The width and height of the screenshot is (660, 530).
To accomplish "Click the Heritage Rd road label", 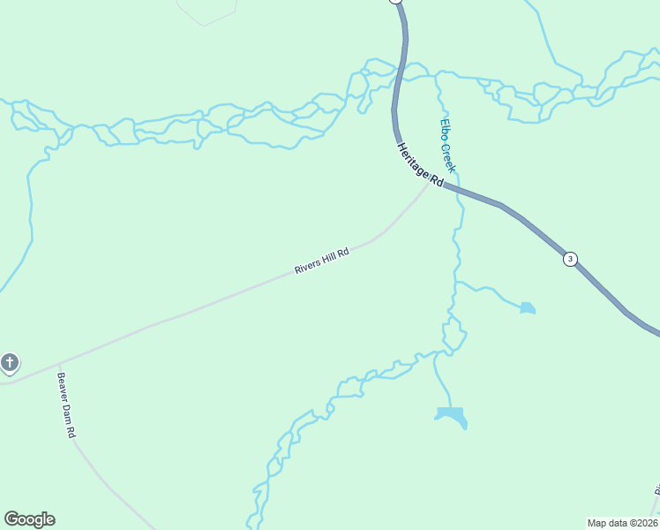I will (x=419, y=165).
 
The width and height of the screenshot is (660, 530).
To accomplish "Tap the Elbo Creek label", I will (x=448, y=146).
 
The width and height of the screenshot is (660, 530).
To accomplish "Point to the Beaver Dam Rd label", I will (x=68, y=406).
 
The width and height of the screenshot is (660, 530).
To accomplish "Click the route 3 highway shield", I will (x=571, y=259).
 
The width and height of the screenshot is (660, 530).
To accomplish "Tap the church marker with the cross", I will (x=10, y=362).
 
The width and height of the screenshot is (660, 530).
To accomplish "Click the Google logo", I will (x=29, y=519).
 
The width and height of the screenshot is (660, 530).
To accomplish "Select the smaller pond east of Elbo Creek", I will (x=527, y=308).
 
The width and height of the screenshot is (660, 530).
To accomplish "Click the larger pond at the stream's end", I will (x=451, y=414).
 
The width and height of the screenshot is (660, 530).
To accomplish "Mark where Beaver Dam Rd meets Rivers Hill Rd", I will (x=58, y=364).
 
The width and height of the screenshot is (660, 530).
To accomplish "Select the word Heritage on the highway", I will (x=413, y=159).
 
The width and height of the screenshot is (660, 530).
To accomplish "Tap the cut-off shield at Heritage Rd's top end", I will (x=395, y=1).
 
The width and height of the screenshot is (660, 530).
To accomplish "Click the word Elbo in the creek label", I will (x=445, y=128).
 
